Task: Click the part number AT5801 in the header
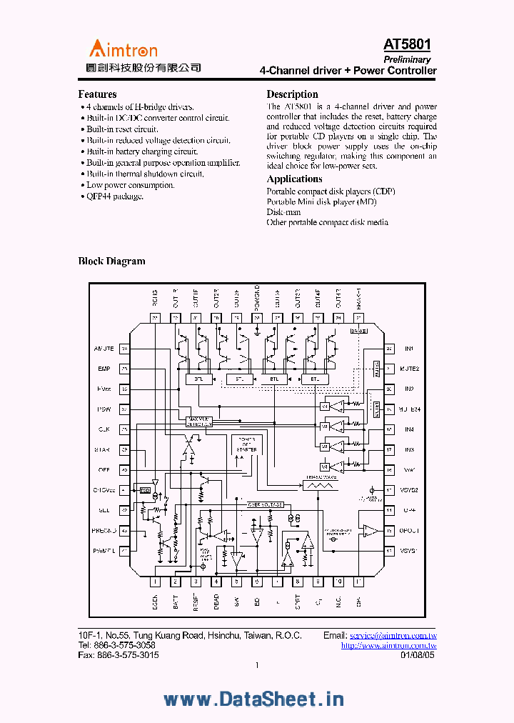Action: click(x=407, y=46)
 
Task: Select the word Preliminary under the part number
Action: click(x=407, y=60)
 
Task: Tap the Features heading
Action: click(x=97, y=94)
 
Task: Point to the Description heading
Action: click(x=292, y=94)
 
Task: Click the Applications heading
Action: click(x=294, y=179)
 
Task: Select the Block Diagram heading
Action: click(x=111, y=261)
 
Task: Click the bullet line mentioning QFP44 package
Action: click(x=115, y=196)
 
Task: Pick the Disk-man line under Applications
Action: click(x=283, y=212)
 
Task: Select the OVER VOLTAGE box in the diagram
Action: click(x=265, y=504)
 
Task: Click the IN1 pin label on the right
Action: click(x=410, y=349)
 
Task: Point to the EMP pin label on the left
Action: click(x=104, y=369)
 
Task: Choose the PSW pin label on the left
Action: click(x=104, y=410)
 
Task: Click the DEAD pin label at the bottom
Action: click(x=216, y=602)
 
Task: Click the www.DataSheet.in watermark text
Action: click(x=254, y=699)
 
